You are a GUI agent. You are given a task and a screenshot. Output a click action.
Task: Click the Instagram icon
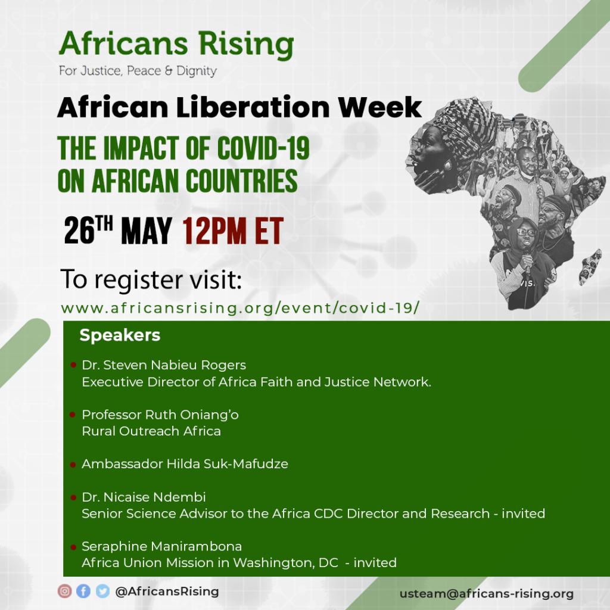(x=64, y=592)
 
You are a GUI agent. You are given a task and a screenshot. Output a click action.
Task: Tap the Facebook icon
(x=83, y=592)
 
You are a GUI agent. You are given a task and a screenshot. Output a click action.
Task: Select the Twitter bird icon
(x=102, y=592)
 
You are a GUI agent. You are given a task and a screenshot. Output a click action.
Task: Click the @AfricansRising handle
(x=167, y=592)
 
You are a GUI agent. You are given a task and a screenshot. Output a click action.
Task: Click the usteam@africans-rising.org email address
(x=487, y=594)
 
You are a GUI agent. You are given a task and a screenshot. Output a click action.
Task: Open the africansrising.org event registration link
(x=240, y=308)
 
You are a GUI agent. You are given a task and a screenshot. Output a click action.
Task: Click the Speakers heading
(x=120, y=335)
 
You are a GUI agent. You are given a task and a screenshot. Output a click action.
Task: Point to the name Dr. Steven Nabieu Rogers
(x=164, y=365)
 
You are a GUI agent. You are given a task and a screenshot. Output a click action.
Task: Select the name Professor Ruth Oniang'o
(x=160, y=415)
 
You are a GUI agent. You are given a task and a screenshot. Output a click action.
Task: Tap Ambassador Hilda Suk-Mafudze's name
(x=185, y=463)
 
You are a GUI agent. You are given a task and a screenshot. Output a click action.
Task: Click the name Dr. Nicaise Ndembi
(x=144, y=497)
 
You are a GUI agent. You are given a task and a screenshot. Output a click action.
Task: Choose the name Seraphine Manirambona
(x=162, y=546)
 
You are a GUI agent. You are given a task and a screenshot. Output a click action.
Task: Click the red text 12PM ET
(x=233, y=231)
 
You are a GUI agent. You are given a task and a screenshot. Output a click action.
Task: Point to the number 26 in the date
(x=79, y=231)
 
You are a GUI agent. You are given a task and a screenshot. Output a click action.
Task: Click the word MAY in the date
(x=147, y=231)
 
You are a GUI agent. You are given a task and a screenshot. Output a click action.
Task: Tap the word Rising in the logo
(x=246, y=44)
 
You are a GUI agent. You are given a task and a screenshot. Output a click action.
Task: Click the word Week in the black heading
(x=379, y=107)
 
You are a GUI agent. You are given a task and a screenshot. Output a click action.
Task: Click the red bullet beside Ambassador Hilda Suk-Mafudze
(x=73, y=465)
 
